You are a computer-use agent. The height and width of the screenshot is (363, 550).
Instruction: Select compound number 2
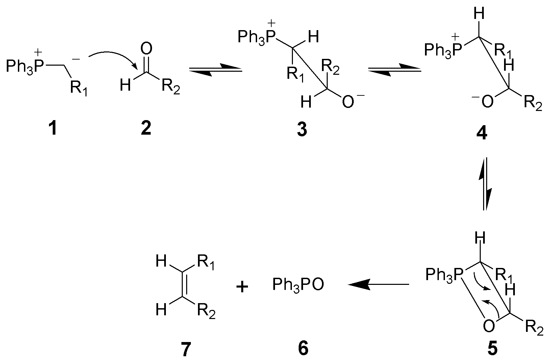tap(146, 129)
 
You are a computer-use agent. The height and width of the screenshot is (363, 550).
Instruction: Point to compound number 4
tap(481, 133)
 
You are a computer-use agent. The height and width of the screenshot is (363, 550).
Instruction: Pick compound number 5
tap(493, 349)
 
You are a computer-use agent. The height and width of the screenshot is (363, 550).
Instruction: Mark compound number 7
tap(185, 349)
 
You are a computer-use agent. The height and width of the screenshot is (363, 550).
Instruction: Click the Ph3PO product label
tap(298, 285)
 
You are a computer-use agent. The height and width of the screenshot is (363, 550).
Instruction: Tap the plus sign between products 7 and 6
tap(242, 287)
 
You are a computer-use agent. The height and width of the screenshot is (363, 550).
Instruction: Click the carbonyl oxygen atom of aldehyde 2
tap(146, 50)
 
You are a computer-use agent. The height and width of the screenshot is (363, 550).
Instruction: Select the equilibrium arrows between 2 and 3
tap(216, 69)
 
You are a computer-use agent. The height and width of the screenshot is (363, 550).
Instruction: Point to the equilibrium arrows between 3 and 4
tap(394, 69)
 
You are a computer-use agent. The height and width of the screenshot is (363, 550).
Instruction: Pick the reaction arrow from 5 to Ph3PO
tap(378, 285)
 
